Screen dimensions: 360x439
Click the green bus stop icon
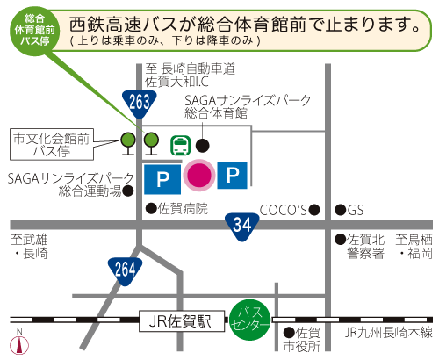coord(179,144)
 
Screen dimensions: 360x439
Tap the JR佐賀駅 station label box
coord(181,322)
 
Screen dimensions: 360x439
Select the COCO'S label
coord(283,209)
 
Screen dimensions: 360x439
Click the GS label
coord(355,210)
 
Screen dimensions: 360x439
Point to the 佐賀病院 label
coord(183,209)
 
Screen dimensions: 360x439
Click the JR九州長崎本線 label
coord(389,332)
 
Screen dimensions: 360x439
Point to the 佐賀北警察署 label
coord(366,246)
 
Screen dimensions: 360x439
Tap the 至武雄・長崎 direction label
coord(30,246)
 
